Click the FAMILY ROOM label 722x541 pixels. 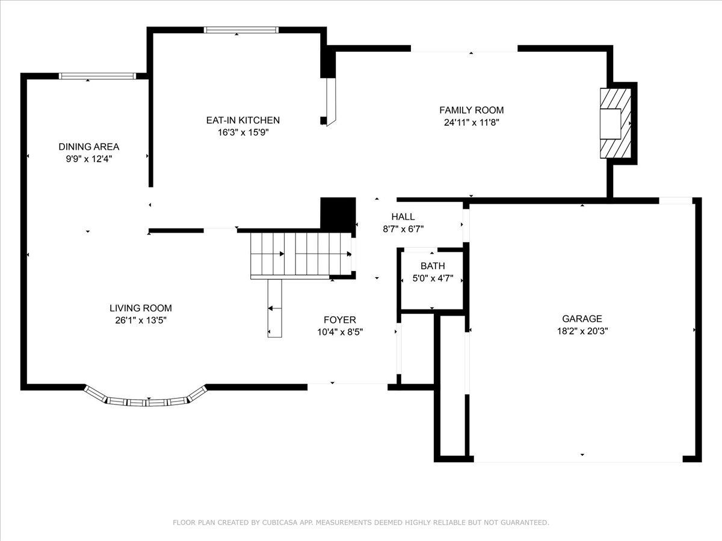(471, 110)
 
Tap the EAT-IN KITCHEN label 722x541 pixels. (242, 120)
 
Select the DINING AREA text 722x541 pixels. (89, 147)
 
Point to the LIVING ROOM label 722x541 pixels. (141, 308)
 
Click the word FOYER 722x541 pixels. (340, 320)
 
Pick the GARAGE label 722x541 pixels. (582, 319)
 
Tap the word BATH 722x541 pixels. (433, 266)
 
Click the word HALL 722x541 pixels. (403, 217)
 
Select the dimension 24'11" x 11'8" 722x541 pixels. (471, 123)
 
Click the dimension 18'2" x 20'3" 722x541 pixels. (582, 331)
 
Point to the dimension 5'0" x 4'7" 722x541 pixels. (433, 278)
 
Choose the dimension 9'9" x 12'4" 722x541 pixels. (89, 159)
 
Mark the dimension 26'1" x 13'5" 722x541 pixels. (141, 320)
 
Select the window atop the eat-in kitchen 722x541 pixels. (241, 30)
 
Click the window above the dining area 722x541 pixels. (97, 76)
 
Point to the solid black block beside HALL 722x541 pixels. (338, 213)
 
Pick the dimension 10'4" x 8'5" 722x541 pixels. (340, 332)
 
